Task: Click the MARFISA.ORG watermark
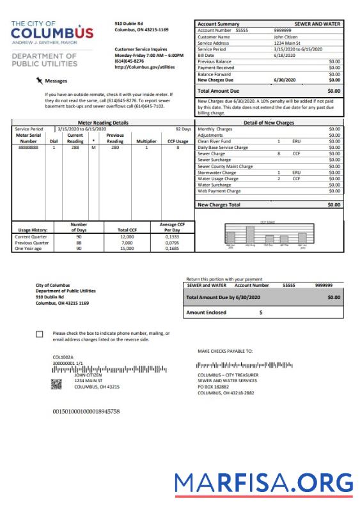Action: click(265, 482)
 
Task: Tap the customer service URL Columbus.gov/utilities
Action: click(145, 66)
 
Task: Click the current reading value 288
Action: click(75, 147)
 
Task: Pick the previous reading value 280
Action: click(114, 147)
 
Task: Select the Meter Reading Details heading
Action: click(102, 121)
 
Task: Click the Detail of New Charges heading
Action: click(269, 121)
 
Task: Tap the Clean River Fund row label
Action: click(215, 141)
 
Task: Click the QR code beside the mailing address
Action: click(57, 384)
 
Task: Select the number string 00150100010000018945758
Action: click(86, 411)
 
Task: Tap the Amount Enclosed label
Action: click(207, 313)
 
